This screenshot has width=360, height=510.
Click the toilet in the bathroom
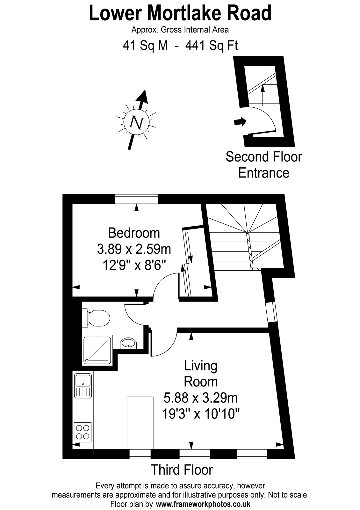click(96, 318)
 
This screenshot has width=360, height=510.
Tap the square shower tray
click(98, 350)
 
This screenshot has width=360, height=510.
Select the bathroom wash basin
click(128, 343)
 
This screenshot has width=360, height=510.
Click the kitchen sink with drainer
click(83, 385)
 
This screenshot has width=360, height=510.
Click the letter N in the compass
click(136, 123)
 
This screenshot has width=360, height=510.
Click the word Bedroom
click(134, 233)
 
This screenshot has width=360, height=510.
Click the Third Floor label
click(182, 470)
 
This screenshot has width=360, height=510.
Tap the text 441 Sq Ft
click(212, 45)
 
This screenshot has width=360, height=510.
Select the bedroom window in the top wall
click(136, 199)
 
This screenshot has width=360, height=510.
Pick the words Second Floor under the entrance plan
click(264, 157)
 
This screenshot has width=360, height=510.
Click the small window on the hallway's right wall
click(272, 312)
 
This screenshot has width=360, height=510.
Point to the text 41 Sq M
click(145, 45)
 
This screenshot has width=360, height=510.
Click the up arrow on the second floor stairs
click(263, 95)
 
